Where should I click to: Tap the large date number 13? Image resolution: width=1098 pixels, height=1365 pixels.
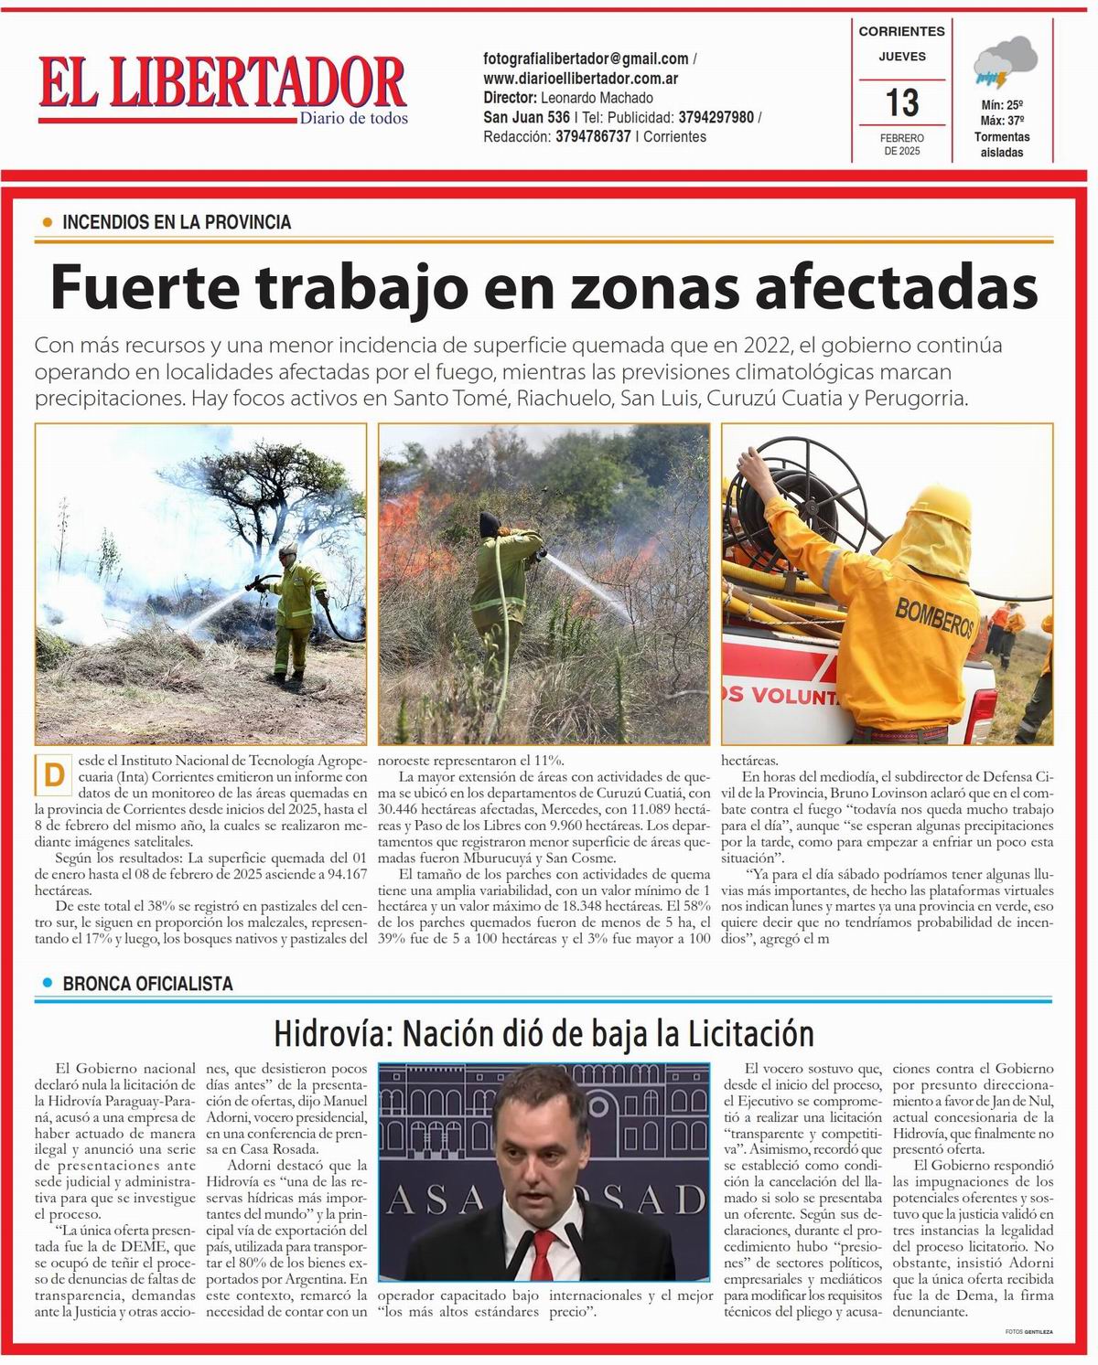coord(902,101)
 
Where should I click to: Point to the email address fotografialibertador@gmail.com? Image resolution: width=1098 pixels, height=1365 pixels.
coord(586,59)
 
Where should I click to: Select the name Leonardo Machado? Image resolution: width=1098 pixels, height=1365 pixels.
coord(597,98)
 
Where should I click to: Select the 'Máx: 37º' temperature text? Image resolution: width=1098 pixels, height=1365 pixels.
coord(1002,121)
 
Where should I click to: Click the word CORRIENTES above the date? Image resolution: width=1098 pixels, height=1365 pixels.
coord(901,31)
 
